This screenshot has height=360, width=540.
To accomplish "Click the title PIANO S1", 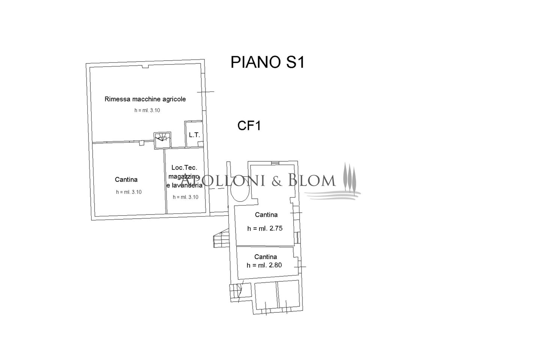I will click(267, 63).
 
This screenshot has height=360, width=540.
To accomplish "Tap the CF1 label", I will click(249, 126).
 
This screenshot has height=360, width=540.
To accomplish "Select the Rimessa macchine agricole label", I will click(145, 99).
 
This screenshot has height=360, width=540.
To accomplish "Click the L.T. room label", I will click(194, 135).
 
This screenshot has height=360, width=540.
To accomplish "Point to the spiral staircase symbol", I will click(162, 140).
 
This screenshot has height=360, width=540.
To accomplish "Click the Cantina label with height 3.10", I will click(126, 180).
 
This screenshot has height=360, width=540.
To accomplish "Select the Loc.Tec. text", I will click(184, 168).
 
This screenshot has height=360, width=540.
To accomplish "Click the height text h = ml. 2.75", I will click(265, 228).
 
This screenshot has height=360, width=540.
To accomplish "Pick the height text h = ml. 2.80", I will click(264, 265).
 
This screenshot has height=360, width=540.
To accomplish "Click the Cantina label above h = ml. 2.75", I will click(266, 215).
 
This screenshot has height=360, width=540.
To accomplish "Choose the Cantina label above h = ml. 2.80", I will click(265, 257).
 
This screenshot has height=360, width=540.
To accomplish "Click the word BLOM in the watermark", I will click(312, 181).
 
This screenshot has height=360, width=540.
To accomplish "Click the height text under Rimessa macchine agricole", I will click(147, 111).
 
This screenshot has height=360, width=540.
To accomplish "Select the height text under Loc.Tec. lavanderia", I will click(186, 197).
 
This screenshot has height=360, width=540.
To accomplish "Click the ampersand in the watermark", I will click(276, 181).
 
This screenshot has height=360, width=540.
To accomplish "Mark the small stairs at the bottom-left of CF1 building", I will click(235, 292).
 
